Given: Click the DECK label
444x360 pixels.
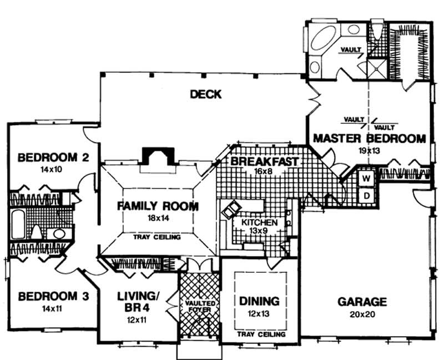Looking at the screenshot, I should pyautogui.click(x=205, y=94).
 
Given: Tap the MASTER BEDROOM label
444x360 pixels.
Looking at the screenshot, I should pyautogui.click(x=369, y=138).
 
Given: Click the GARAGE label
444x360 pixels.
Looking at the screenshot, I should pyautogui.click(x=362, y=302).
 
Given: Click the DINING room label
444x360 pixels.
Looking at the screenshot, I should pyautogui.click(x=259, y=301).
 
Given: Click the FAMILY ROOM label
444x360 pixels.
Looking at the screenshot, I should pyautogui.click(x=158, y=206).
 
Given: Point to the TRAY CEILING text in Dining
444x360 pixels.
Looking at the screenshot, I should pyautogui.click(x=261, y=335).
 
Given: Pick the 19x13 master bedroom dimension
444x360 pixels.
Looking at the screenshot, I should pyautogui.click(x=369, y=150).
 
